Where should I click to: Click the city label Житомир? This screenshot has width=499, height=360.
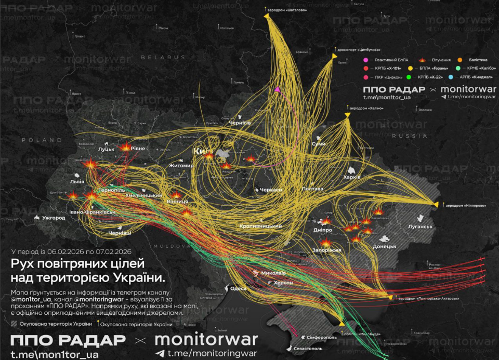[x=181, y=166]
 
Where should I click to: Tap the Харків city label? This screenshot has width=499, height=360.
[x=351, y=177]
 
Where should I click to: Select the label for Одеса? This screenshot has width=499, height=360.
[x=239, y=289]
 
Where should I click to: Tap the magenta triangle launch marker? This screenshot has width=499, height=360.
[x=278, y=89]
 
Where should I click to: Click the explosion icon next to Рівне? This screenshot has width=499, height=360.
[x=125, y=147]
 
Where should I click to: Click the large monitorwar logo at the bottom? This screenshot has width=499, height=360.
[x=206, y=340]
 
